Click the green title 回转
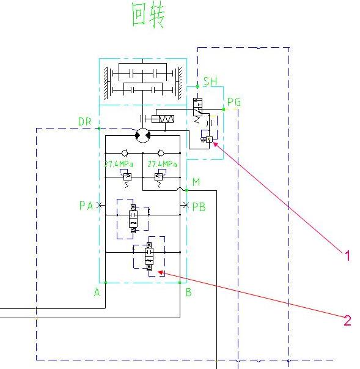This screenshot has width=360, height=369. (x=149, y=15)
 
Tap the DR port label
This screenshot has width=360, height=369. (x=84, y=122)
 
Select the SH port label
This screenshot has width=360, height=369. (x=210, y=81)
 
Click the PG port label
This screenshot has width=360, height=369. (x=234, y=102)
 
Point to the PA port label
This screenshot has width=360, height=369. (x=86, y=206)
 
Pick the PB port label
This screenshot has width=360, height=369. (x=199, y=207)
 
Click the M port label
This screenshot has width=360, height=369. (x=196, y=182)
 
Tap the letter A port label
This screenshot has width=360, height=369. (x=97, y=293)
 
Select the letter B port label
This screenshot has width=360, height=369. (x=189, y=293)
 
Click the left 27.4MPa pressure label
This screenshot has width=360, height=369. (x=119, y=164)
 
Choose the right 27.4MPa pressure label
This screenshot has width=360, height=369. (x=162, y=164)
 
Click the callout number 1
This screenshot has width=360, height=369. (x=348, y=256)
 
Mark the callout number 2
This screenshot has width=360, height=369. (x=347, y=320)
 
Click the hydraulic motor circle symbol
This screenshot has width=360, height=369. (x=143, y=136)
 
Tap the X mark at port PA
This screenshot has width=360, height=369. (x=100, y=205)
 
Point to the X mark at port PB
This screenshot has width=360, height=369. (x=186, y=205)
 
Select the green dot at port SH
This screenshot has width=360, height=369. (x=197, y=86)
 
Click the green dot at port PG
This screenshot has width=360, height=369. (x=224, y=109)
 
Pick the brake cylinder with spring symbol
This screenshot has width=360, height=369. (x=163, y=119)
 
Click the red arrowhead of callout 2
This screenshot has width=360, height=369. (x=161, y=273)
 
